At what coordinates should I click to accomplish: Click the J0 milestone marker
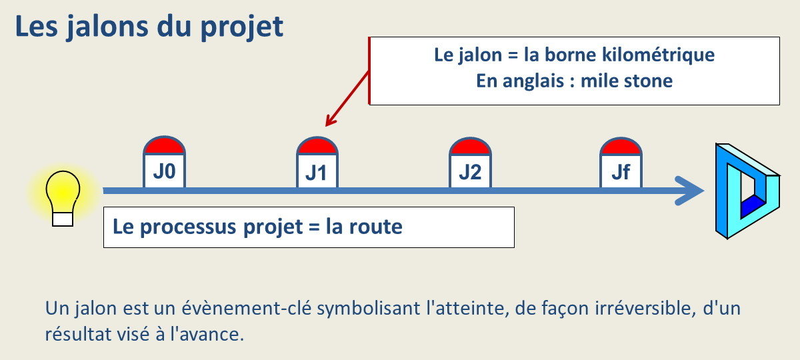click(165, 164)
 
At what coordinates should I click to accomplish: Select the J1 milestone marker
click(317, 165)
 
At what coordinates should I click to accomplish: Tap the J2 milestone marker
click(470, 165)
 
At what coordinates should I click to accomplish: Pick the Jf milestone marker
click(621, 165)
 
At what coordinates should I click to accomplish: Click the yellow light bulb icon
click(63, 193)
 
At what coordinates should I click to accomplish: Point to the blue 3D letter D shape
click(745, 191)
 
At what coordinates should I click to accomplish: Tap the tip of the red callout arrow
click(327, 125)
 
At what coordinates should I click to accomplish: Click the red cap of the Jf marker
click(621, 146)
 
